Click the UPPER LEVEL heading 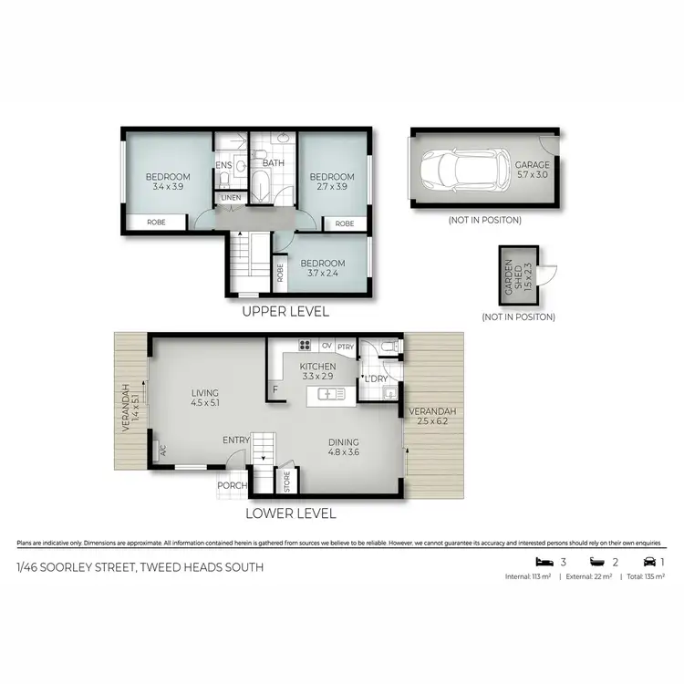point(285,311)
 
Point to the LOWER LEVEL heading point(291,513)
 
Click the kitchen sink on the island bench point(328,394)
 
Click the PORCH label point(232,485)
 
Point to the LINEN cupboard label point(229,198)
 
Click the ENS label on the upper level point(223,165)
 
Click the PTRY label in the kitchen point(346,347)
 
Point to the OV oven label point(326,347)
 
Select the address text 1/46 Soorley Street point(140,567)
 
